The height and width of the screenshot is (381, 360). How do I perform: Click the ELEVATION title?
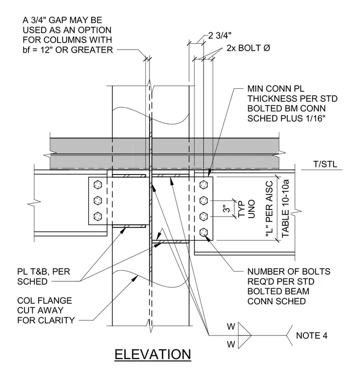pyautogui.click(x=152, y=354)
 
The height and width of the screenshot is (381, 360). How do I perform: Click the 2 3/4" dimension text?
pyautogui.click(x=220, y=36)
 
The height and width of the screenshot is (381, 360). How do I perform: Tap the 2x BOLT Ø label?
pyautogui.click(x=248, y=48)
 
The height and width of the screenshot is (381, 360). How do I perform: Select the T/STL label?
pyautogui.click(x=325, y=164)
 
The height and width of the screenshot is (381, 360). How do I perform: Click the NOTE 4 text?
pyautogui.click(x=312, y=335)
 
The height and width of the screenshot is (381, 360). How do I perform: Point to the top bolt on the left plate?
pyautogui.click(x=98, y=184)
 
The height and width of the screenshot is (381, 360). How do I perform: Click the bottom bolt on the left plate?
pyautogui.click(x=98, y=216)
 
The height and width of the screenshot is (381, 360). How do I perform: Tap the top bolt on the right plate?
pyautogui.click(x=204, y=184)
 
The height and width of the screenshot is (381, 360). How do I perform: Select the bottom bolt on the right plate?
pyautogui.click(x=204, y=233)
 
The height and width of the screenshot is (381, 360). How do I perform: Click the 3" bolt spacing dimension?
pyautogui.click(x=227, y=209)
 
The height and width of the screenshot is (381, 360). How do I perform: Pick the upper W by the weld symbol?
pyautogui.click(x=231, y=326)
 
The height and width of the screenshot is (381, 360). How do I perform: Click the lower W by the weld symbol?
pyautogui.click(x=231, y=344)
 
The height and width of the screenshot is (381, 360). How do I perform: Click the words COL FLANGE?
pyautogui.click(x=45, y=301)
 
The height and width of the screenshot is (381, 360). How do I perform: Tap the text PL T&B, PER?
pyautogui.click(x=44, y=271)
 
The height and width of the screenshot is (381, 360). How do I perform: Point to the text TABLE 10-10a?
pyautogui.click(x=285, y=209)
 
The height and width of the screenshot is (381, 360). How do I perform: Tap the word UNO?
pyautogui.click(x=252, y=209)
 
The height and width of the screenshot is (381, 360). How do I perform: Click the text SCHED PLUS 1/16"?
pyautogui.click(x=286, y=118)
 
